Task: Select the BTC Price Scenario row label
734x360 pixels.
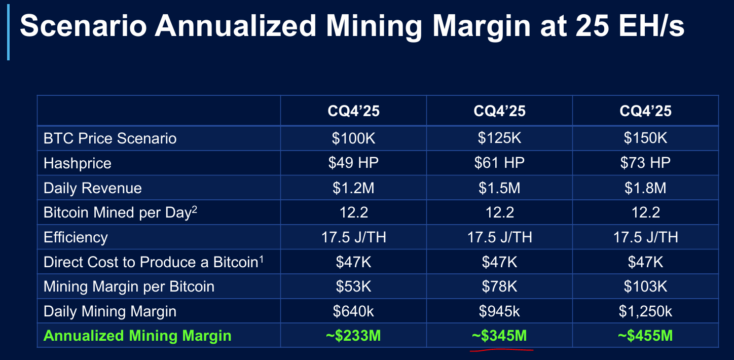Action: click(110, 138)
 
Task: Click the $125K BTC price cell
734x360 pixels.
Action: click(499, 138)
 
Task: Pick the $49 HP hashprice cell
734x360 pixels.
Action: click(353, 163)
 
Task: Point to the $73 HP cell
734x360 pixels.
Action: click(645, 163)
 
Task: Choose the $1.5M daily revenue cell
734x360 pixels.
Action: click(499, 188)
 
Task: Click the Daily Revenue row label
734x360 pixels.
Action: click(93, 188)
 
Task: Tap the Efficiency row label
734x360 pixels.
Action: click(76, 237)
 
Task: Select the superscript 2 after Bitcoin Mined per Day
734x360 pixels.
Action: click(194, 208)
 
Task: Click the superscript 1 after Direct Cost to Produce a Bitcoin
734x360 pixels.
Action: click(262, 258)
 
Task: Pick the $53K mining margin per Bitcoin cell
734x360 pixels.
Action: click(353, 286)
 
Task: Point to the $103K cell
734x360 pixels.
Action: click(645, 286)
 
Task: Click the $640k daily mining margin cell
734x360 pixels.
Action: click(353, 311)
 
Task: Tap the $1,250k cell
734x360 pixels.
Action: click(645, 311)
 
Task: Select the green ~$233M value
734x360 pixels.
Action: click(353, 336)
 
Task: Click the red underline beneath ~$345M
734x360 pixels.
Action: click(502, 349)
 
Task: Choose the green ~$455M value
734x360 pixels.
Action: click(645, 336)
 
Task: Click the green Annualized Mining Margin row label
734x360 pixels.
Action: click(137, 336)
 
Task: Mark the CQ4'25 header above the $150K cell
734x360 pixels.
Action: click(645, 111)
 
